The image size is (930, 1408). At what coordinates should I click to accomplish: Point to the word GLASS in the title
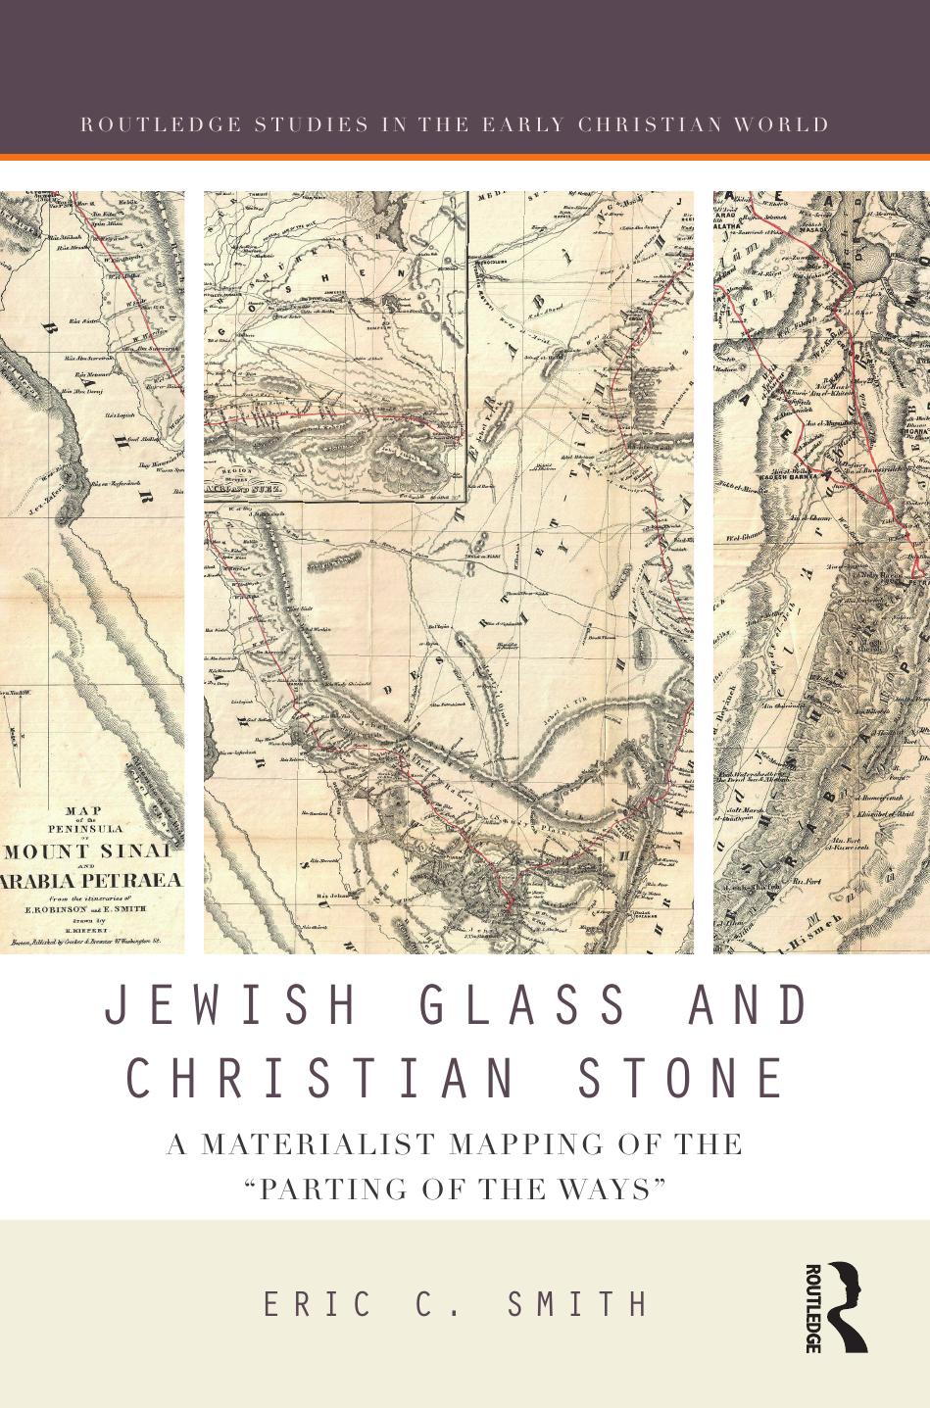pos(524,1006)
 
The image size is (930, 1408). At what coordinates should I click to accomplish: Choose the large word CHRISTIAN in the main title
pos(321,1078)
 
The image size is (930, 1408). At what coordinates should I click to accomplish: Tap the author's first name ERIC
pos(319,1305)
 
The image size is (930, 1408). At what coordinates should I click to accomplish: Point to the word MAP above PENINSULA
pos(82,810)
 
